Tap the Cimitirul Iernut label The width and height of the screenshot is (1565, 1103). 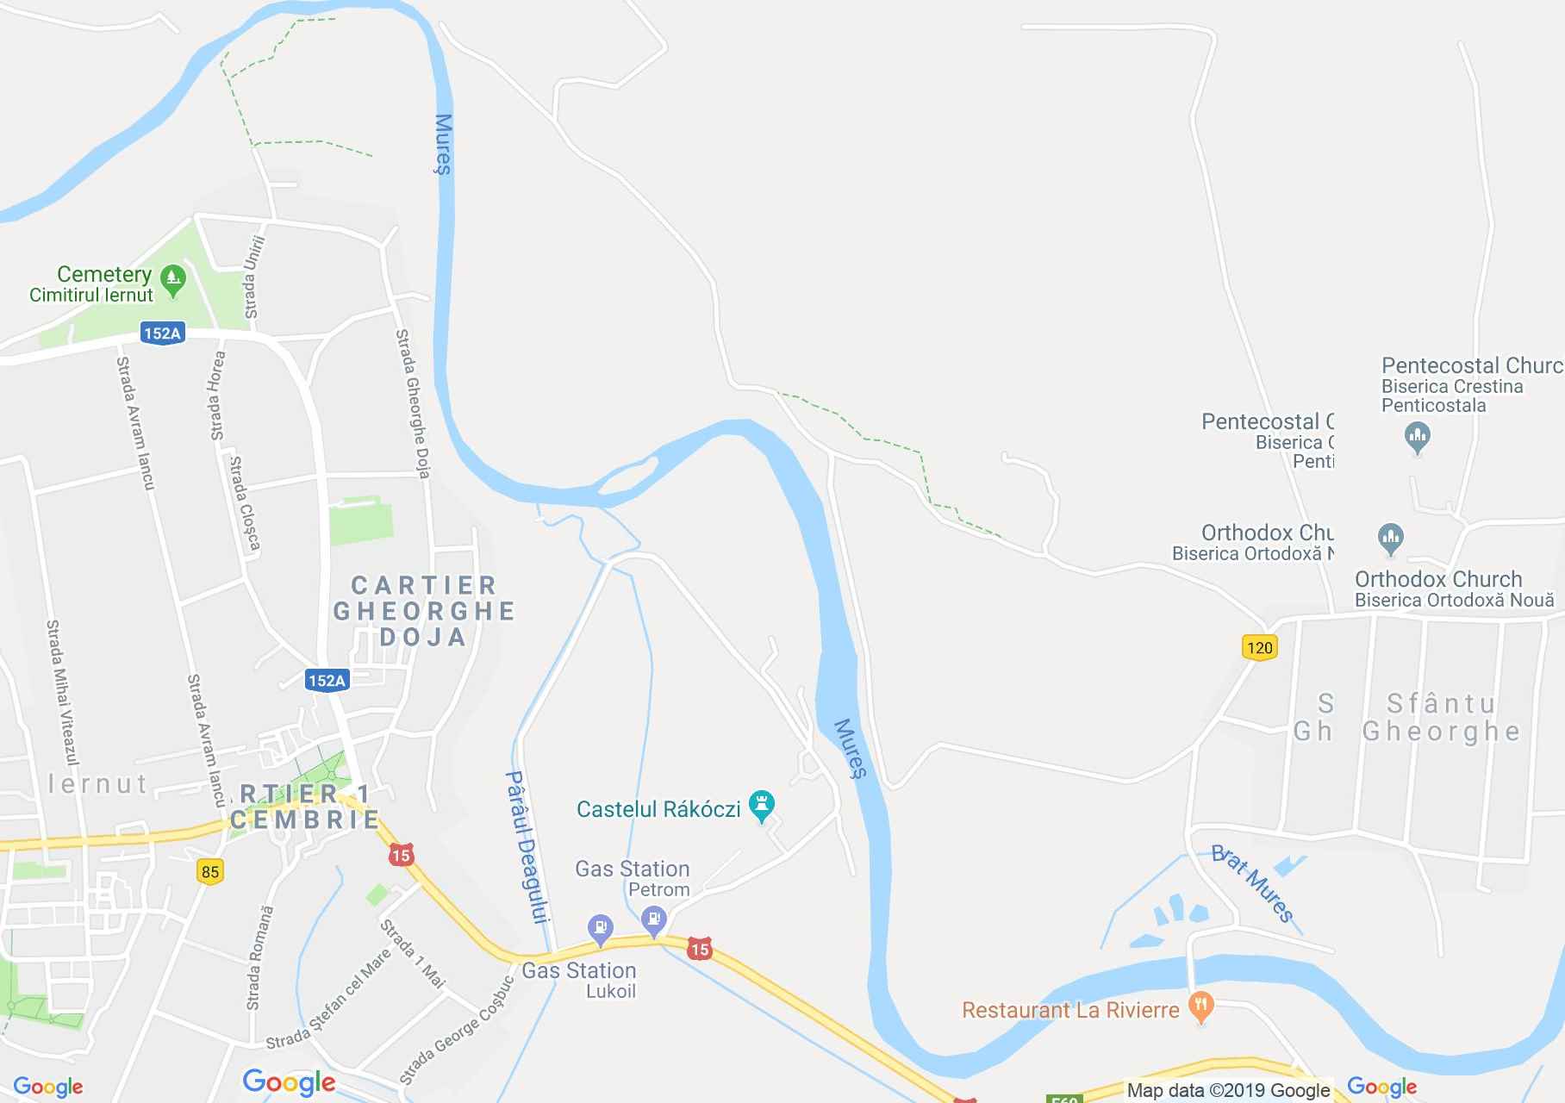91,295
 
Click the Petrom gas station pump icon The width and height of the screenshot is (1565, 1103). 655,919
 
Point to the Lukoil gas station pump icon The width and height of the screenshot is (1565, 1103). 600,930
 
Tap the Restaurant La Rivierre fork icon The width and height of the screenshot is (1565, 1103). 1200,1006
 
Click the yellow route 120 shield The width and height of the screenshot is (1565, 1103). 1259,647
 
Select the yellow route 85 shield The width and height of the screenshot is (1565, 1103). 210,871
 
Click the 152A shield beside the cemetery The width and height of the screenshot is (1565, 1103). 162,333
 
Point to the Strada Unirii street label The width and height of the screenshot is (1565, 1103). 253,277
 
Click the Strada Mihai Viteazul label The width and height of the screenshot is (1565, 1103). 62,692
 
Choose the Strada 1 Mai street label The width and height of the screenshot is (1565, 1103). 413,954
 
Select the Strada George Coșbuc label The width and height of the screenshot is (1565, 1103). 457,1031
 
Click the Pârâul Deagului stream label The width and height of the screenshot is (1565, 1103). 527,847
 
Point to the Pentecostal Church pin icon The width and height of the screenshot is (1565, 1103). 1417,437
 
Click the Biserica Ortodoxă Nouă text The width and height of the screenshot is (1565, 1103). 1454,600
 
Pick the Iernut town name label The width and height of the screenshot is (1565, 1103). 97,783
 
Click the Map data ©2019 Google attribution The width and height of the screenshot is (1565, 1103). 1228,1090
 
